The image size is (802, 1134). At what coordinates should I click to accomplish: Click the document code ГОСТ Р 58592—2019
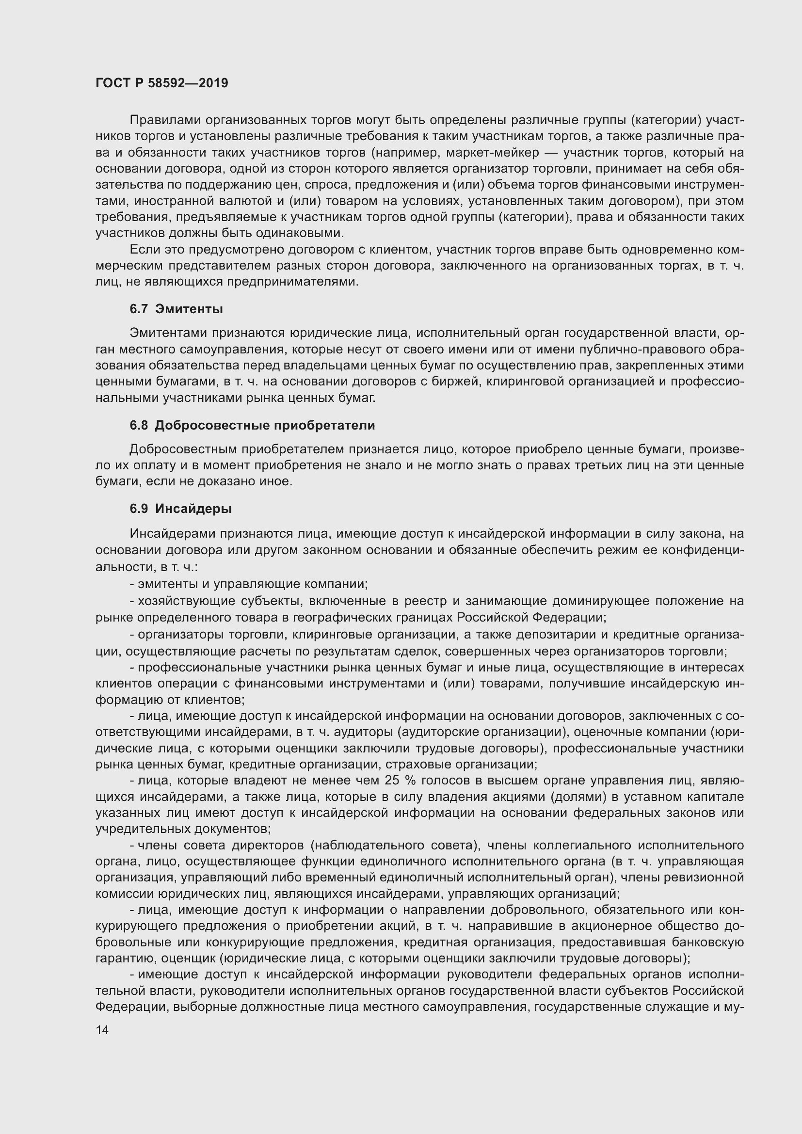click(161, 83)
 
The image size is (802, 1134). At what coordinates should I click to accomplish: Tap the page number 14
click(102, 1030)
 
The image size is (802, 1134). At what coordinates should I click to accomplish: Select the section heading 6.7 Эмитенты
click(176, 309)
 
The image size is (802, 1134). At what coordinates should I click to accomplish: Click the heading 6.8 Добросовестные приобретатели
click(252, 425)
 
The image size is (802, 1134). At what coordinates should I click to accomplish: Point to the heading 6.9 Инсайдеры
click(181, 509)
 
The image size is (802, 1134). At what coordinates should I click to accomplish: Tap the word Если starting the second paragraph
click(144, 249)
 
